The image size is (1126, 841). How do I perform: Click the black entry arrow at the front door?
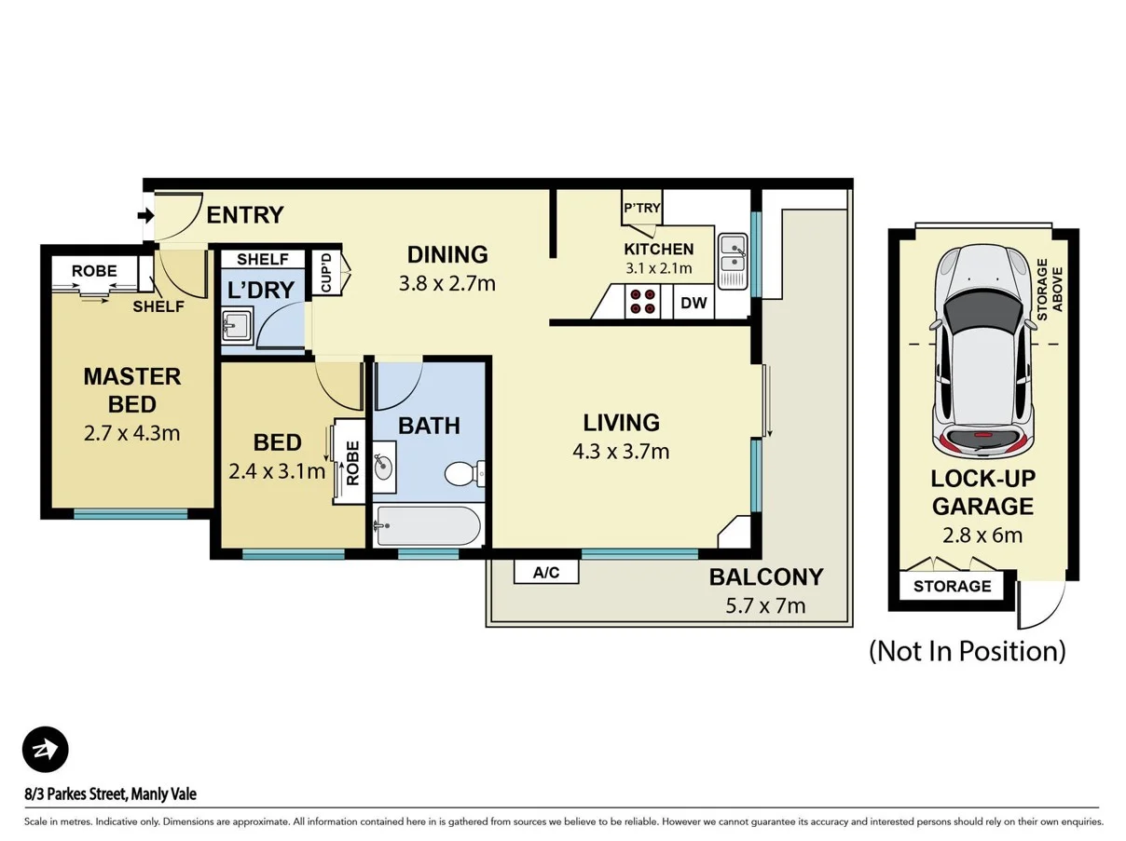coord(145,216)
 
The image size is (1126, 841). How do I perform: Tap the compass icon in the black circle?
coord(46,750)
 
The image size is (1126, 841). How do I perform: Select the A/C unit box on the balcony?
coord(546,573)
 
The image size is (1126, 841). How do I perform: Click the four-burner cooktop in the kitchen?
coord(641,302)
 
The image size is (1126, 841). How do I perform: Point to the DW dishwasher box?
coord(693,303)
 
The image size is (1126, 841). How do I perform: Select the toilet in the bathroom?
coord(463,474)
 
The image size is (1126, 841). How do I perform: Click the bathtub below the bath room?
coord(428,527)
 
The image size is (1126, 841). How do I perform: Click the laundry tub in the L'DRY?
coord(236,327)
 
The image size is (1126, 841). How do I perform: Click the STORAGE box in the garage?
coord(952,587)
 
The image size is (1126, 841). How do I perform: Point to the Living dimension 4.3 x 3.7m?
coord(621,452)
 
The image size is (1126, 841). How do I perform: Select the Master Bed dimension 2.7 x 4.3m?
coord(131,432)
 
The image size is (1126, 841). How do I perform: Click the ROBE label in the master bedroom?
coord(94,271)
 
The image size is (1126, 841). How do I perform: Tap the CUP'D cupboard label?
coord(326,271)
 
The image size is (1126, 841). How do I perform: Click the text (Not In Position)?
coord(967,650)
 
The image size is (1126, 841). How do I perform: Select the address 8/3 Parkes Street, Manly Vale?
coord(110,794)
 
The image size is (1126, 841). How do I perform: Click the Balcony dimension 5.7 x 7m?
coord(765,606)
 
